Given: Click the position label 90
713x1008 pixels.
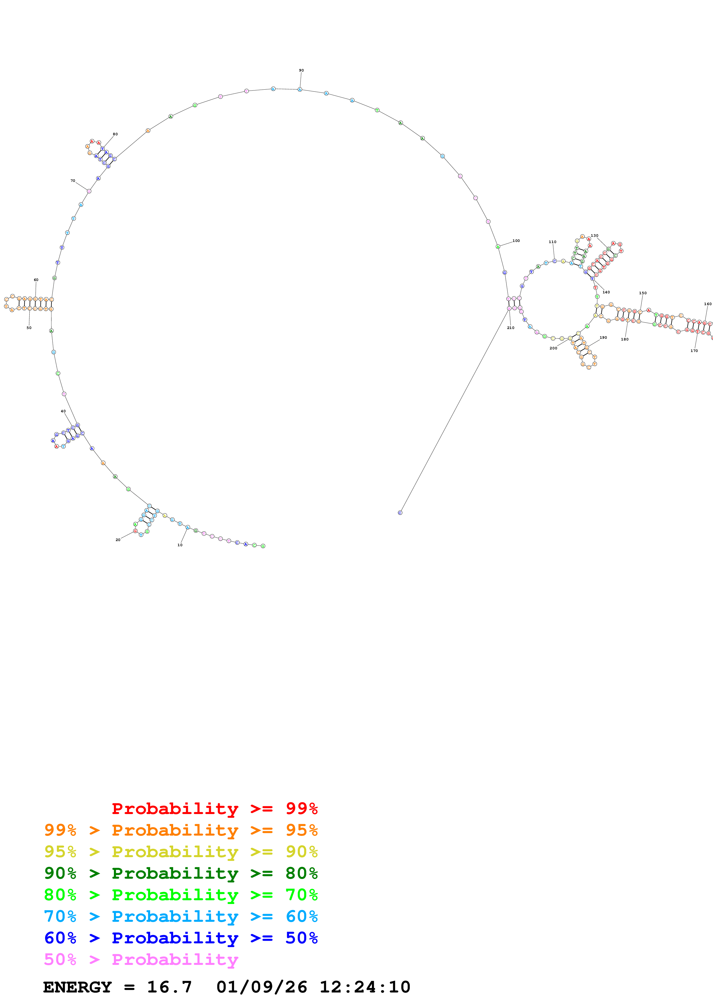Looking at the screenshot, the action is [301, 70].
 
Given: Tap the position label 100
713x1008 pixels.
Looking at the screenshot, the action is [516, 241].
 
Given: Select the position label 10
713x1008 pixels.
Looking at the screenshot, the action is [180, 545].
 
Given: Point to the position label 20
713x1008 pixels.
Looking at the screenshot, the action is [118, 540].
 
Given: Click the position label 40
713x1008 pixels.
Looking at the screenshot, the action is [63, 411].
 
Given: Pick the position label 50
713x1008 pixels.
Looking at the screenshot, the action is [29, 328].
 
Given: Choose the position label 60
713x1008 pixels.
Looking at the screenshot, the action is [36, 280].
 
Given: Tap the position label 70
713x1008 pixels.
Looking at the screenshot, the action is [73, 180].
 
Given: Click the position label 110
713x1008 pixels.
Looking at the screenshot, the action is [553, 242].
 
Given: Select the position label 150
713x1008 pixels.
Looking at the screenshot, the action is [643, 293].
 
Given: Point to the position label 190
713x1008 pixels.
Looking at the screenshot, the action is [603, 338].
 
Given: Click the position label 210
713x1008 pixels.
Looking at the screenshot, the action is [511, 328].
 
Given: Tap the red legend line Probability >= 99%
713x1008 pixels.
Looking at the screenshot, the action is [214, 808].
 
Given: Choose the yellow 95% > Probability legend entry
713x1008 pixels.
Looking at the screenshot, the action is [181, 851].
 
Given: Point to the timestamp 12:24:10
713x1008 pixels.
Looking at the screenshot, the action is [365, 987].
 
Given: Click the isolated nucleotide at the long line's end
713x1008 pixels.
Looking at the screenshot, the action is [400, 512].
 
